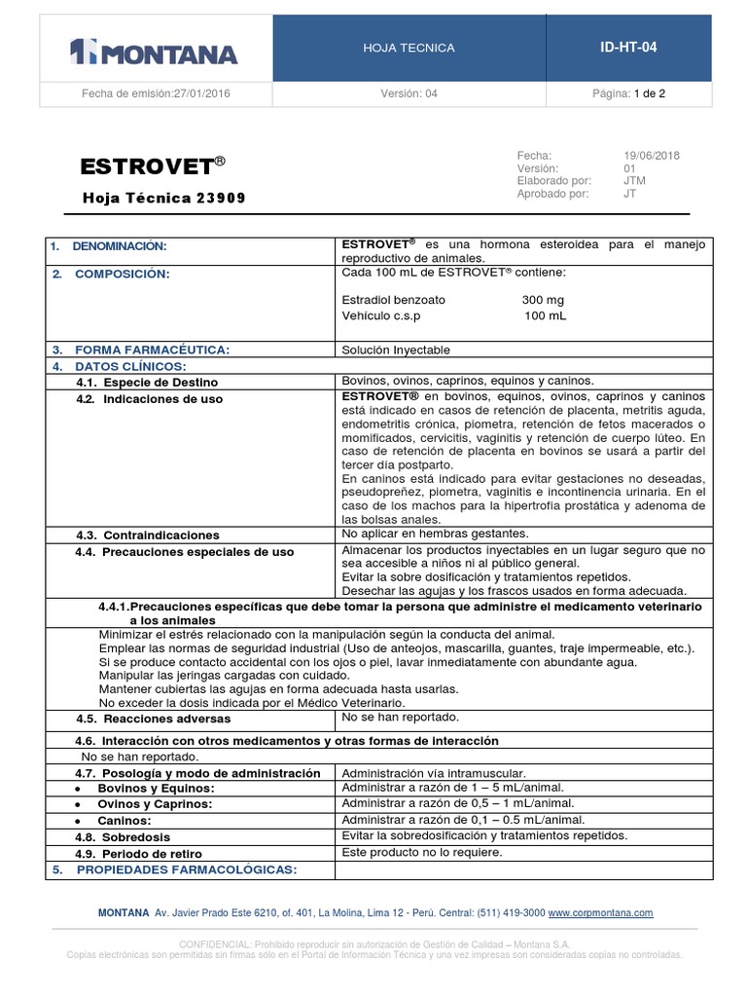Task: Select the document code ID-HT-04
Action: tap(633, 47)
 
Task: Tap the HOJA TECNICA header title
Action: tap(409, 48)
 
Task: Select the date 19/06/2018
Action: tap(651, 156)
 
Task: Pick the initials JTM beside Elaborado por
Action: tap(634, 181)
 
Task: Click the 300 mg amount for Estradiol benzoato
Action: tap(542, 300)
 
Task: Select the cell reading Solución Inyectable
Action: tap(396, 350)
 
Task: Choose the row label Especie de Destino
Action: tap(160, 383)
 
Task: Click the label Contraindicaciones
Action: tap(160, 535)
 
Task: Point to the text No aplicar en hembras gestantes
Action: tap(435, 534)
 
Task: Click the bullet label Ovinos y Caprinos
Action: tap(155, 804)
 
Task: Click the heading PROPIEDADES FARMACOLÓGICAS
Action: tap(186, 869)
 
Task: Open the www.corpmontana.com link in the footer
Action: tap(600, 913)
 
